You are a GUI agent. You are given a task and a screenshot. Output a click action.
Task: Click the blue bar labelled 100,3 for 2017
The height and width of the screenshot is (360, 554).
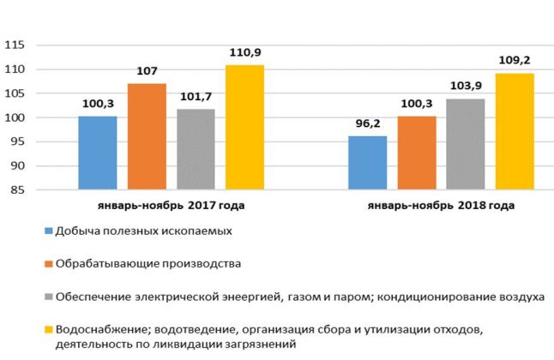[98, 153]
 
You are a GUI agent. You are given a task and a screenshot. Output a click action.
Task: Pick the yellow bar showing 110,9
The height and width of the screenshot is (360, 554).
[245, 127]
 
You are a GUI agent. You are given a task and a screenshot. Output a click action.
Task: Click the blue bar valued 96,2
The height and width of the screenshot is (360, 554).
[367, 163]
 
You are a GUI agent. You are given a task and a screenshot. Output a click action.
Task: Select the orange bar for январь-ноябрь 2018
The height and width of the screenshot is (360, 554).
[416, 153]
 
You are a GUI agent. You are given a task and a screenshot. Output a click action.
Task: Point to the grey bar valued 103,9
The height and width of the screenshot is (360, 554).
[466, 144]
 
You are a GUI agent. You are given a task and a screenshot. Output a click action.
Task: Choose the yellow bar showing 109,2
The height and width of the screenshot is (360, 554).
[515, 131]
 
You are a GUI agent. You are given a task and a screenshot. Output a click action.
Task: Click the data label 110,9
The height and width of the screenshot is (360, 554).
[245, 53]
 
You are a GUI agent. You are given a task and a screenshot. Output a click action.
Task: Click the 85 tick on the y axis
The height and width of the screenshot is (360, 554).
[20, 190]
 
